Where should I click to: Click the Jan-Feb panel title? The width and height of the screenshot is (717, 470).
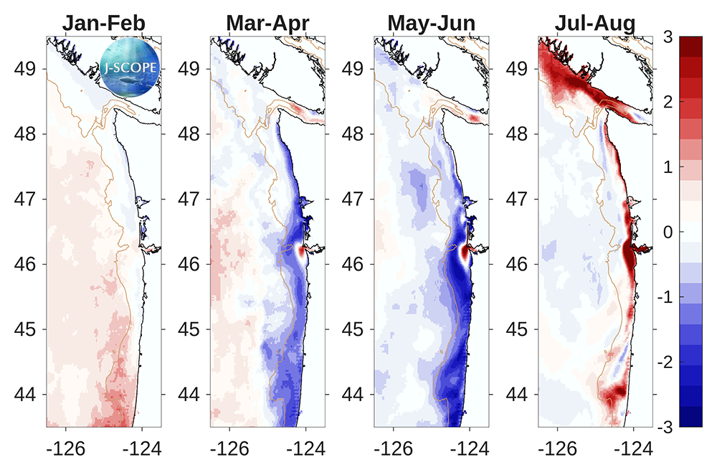coord(104,23)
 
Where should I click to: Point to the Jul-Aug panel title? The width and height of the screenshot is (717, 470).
coord(595,23)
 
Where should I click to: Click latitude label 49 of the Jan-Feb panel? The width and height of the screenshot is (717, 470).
coord(27,69)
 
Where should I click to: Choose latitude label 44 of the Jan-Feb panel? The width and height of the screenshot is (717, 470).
coord(27,394)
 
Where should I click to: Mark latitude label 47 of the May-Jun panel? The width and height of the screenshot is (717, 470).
coord(355,199)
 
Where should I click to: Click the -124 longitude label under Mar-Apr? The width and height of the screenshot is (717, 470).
coord(305,449)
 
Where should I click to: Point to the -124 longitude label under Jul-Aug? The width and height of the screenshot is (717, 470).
coord(632,449)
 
